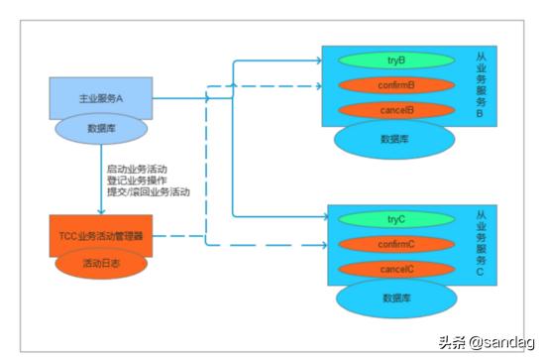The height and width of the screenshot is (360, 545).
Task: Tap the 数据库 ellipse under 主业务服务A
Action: click(x=99, y=127)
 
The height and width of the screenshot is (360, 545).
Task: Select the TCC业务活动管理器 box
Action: click(x=101, y=236)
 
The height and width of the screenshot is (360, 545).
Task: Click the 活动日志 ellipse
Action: click(x=101, y=263)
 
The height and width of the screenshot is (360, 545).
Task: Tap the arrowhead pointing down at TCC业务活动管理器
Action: click(x=101, y=209)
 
